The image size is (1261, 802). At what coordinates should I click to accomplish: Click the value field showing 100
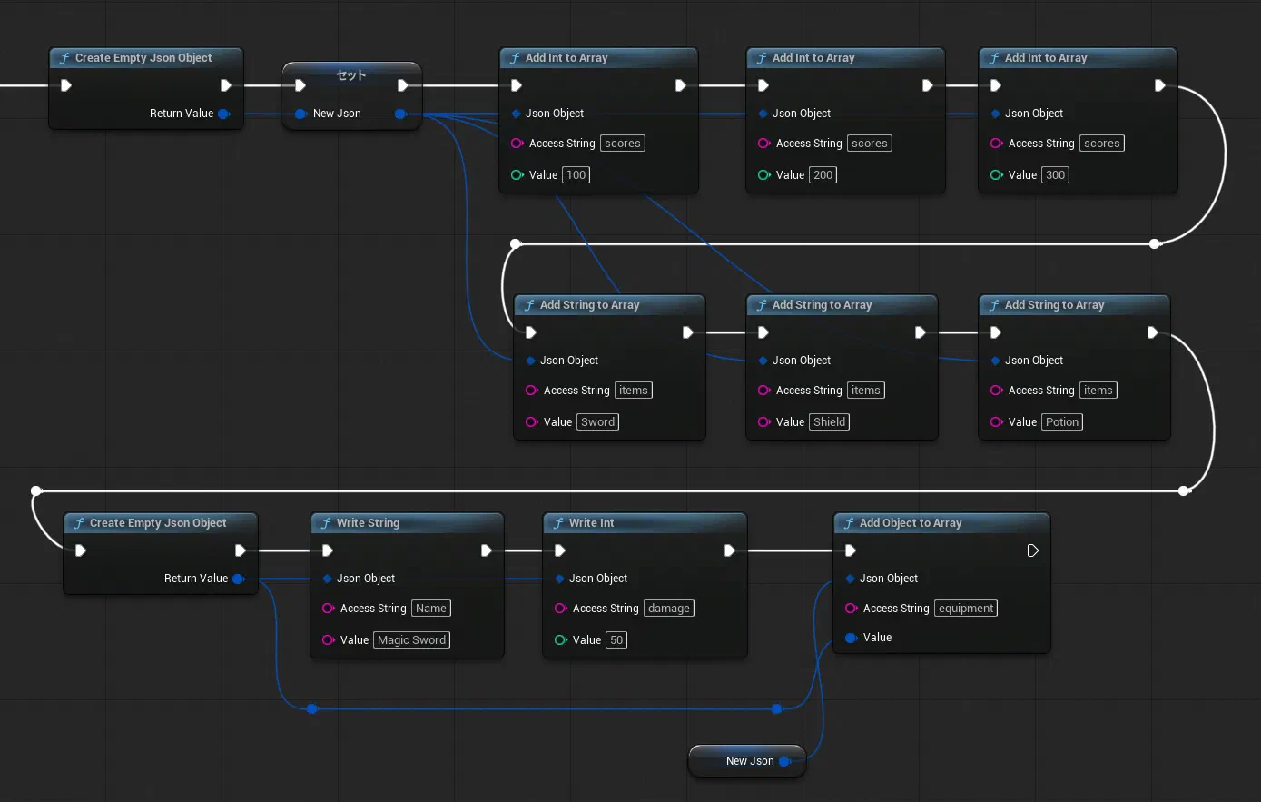(576, 174)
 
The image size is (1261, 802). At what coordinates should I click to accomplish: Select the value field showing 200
(823, 174)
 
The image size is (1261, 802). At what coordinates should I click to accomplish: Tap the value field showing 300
(1055, 174)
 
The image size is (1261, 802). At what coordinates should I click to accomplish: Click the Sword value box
(597, 421)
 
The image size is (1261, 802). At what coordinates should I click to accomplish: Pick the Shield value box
(829, 421)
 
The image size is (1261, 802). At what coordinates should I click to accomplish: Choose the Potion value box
(1061, 421)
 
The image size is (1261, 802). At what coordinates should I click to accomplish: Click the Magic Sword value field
(411, 639)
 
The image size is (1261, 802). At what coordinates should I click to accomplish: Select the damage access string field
(669, 609)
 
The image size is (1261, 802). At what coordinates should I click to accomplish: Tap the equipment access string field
(965, 609)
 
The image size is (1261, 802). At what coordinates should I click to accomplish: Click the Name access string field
(430, 609)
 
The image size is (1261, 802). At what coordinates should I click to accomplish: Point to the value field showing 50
(616, 639)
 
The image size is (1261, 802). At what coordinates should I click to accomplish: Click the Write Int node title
(591, 522)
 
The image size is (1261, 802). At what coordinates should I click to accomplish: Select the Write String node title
(368, 522)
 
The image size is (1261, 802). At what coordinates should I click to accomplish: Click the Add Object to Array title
(911, 522)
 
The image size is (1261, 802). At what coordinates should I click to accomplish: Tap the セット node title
(350, 74)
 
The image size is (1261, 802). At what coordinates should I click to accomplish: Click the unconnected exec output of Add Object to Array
(1032, 550)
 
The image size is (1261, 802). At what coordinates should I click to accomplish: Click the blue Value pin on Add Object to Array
(851, 638)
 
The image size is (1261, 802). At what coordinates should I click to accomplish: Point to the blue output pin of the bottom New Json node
(784, 761)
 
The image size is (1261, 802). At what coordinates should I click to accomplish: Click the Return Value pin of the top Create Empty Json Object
(224, 114)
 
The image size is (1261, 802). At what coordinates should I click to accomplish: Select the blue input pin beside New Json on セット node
(300, 114)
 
